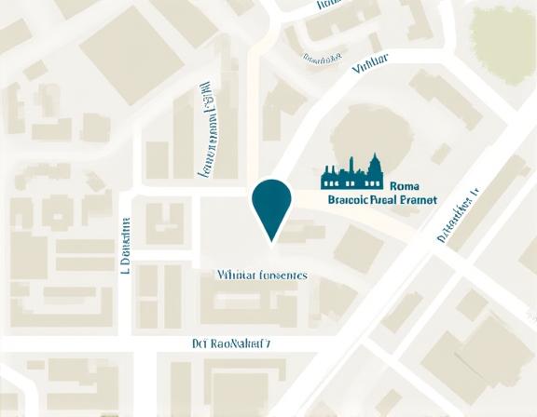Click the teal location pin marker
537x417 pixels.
271,204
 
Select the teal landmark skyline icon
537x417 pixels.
352,173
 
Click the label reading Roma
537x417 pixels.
408,185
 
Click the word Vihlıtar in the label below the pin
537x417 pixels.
235,276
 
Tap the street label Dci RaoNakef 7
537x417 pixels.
231,343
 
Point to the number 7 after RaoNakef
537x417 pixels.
268,343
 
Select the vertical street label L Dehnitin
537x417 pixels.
124,246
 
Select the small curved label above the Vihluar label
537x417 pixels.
324,59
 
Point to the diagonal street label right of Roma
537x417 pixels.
457,215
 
